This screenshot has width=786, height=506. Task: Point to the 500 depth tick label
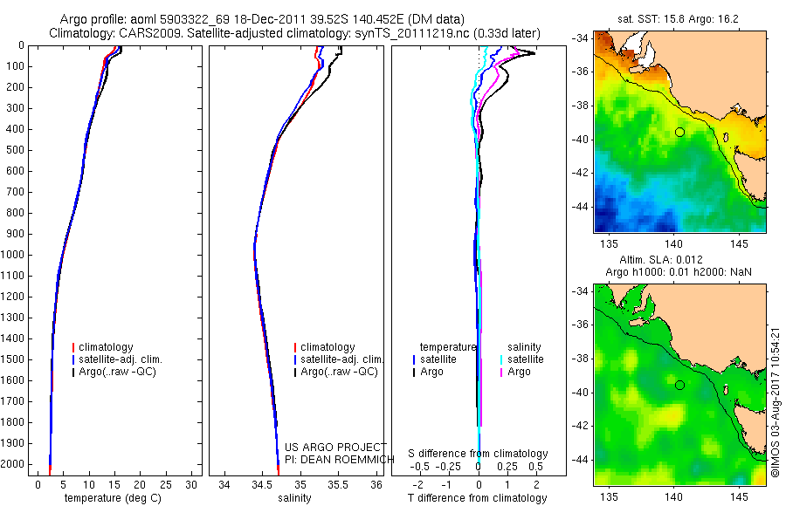[x=16, y=150]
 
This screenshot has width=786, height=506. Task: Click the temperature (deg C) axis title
[x=114, y=498]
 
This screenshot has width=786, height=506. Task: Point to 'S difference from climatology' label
[x=479, y=454]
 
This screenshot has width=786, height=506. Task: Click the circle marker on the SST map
[x=679, y=132]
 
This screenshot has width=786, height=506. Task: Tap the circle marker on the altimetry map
[x=679, y=385]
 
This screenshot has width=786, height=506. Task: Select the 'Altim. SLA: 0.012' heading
[x=679, y=261]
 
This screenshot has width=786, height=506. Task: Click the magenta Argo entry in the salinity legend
[x=519, y=372]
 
